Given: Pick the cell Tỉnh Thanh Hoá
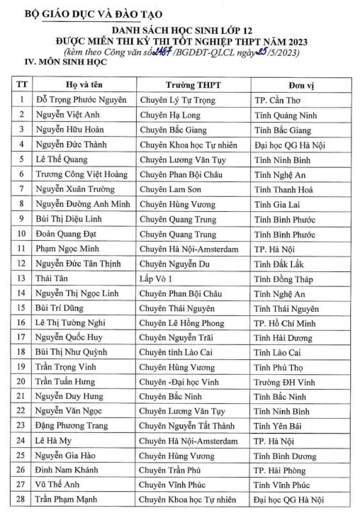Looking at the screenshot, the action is pos(284,190).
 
